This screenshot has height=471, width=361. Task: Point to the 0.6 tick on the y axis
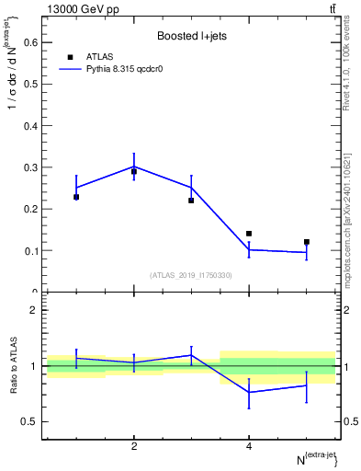30,42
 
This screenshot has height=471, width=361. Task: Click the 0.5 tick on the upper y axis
30,84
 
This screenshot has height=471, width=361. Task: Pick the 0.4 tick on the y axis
30,126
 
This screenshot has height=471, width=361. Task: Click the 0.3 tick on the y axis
30,167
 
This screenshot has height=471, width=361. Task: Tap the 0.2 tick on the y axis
30,209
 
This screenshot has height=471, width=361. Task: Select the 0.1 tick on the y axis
30,250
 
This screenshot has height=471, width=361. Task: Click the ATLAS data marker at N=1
76,197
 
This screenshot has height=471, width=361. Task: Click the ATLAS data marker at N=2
134,171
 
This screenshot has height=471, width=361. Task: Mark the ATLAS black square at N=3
191,201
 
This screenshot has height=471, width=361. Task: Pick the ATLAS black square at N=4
249,234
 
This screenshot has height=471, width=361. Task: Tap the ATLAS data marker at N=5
307,242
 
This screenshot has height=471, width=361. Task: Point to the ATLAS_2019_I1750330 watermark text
191,275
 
